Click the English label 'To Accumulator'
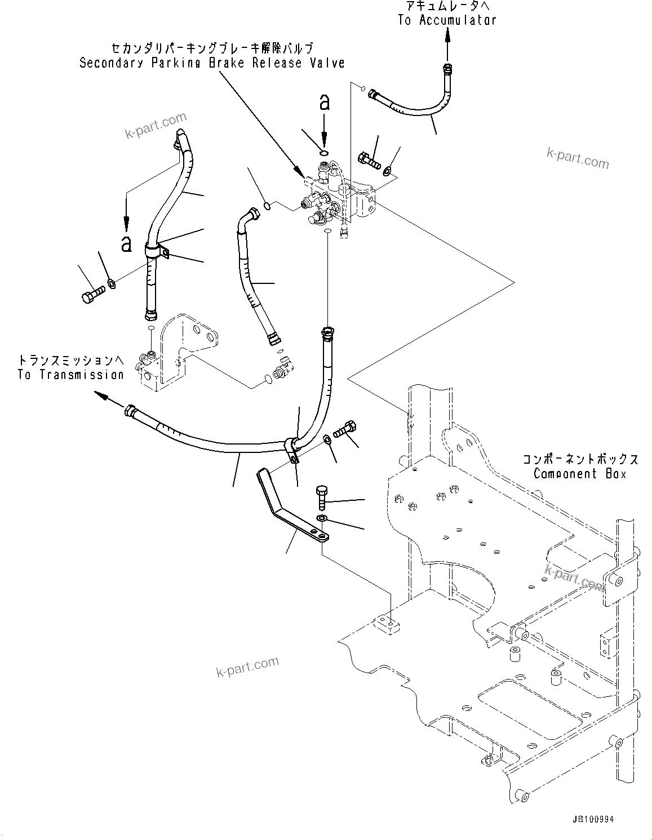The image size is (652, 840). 447,20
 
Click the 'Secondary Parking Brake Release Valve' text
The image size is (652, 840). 211,63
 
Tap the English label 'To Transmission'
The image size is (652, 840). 70,375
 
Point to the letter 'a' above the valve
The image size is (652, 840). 324,102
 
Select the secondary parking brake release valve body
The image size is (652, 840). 341,200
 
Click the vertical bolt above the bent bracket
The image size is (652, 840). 321,496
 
